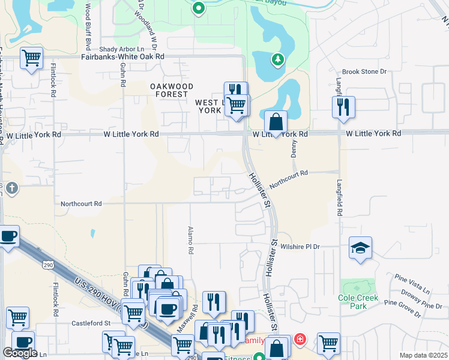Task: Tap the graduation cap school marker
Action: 360,248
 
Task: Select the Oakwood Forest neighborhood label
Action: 172,90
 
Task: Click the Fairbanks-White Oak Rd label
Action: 122,56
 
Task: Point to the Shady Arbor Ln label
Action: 122,49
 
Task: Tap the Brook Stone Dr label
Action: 364,71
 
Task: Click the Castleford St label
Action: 92,323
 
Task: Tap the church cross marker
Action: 11,189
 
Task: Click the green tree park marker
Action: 277,59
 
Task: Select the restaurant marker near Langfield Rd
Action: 343,107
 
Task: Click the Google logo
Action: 20,353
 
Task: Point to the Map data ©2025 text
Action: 423,355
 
